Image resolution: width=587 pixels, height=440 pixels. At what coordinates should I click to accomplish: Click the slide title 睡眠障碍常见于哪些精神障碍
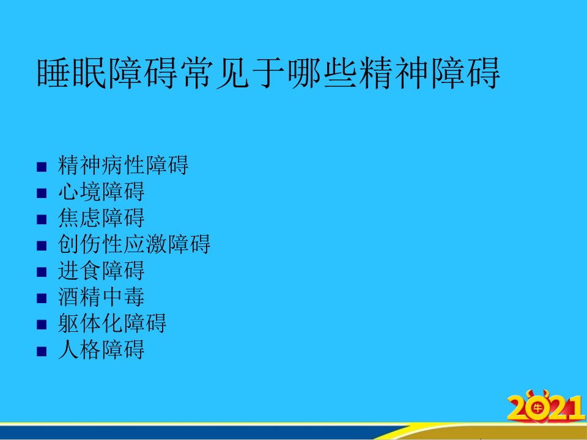pyautogui.click(x=268, y=73)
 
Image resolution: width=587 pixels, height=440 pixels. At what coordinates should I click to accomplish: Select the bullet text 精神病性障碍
pyautogui.click(x=123, y=165)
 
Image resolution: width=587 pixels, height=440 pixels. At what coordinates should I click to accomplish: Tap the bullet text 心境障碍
pyautogui.click(x=101, y=191)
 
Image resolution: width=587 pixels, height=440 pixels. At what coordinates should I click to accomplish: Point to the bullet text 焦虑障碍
pyautogui.click(x=101, y=218)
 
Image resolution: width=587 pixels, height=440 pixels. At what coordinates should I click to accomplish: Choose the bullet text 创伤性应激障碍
pyautogui.click(x=134, y=244)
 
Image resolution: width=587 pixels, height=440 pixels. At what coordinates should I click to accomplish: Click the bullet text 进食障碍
pyautogui.click(x=101, y=271)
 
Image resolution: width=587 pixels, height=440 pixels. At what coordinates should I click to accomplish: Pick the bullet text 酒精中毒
pyautogui.click(x=101, y=297)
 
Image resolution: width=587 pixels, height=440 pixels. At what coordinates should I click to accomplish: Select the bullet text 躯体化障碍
pyautogui.click(x=112, y=323)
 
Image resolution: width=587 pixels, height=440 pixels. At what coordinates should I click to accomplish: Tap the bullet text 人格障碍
pyautogui.click(x=101, y=350)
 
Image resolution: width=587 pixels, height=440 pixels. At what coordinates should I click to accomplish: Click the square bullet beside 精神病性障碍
pyautogui.click(x=42, y=167)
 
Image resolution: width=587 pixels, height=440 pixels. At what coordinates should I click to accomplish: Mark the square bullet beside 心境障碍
pyautogui.click(x=42, y=193)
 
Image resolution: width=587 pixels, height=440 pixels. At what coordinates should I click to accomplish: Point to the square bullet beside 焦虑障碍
pyautogui.click(x=42, y=219)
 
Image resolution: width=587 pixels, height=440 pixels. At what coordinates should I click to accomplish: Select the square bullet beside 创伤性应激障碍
pyautogui.click(x=42, y=246)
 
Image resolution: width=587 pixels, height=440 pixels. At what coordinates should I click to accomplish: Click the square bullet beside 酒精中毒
pyautogui.click(x=42, y=299)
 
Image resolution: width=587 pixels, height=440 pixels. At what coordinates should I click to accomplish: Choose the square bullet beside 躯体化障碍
pyautogui.click(x=42, y=325)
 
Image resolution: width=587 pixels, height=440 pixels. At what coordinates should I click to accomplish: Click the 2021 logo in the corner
pyautogui.click(x=546, y=407)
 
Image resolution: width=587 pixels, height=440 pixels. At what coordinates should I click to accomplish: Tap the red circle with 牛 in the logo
pyautogui.click(x=538, y=408)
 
